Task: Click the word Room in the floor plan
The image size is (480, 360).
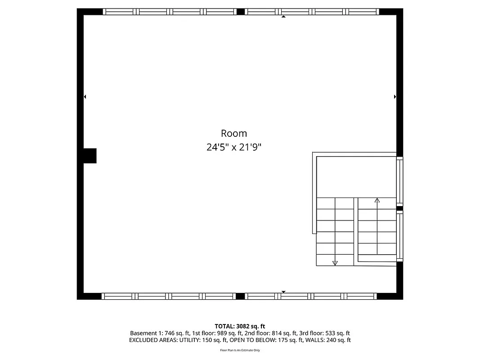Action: [x=233, y=133]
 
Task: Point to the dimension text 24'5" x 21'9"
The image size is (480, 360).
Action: [x=233, y=147]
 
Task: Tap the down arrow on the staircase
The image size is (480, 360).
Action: [x=335, y=263]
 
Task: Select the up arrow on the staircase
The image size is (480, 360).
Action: [x=377, y=200]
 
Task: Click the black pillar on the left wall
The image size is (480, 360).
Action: [x=90, y=156]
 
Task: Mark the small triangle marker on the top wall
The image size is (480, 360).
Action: [x=283, y=17]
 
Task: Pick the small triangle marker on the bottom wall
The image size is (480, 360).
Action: [x=283, y=292]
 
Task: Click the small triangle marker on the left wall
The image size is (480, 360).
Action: [x=85, y=96]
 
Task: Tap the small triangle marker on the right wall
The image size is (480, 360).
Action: [x=395, y=96]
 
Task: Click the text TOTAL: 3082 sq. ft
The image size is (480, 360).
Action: [x=240, y=326]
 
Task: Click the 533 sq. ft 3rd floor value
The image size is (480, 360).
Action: [x=335, y=333]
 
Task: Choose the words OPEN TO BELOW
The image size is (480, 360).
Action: [x=249, y=340]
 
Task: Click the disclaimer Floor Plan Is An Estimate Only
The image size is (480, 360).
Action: [x=240, y=350]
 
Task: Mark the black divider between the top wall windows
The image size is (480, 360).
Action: [x=241, y=12]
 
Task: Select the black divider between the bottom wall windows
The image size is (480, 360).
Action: [x=240, y=296]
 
